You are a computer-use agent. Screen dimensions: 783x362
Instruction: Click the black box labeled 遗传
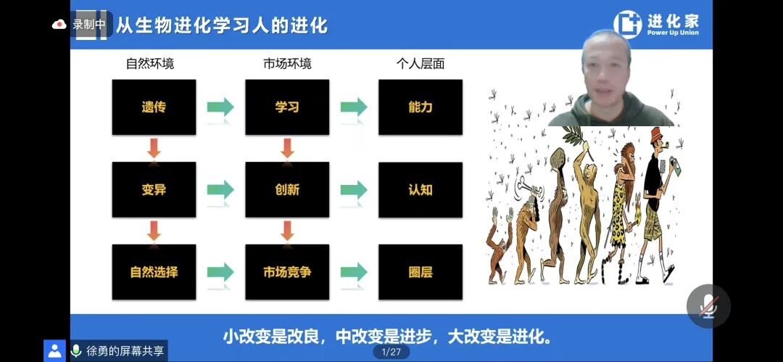click(x=154, y=107)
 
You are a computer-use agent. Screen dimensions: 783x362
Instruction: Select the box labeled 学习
click(x=287, y=107)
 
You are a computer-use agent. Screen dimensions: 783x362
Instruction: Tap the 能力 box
click(x=420, y=107)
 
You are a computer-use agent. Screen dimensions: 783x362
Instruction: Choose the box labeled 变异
click(x=154, y=190)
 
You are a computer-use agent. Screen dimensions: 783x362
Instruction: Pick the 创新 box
click(x=287, y=190)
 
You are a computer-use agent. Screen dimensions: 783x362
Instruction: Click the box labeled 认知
click(x=420, y=190)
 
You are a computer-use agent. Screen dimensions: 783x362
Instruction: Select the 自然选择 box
click(x=154, y=273)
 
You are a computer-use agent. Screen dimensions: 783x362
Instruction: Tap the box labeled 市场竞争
click(x=287, y=273)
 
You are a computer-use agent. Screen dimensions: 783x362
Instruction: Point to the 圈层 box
click(x=420, y=273)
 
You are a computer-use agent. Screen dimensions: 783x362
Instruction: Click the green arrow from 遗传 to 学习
click(x=220, y=107)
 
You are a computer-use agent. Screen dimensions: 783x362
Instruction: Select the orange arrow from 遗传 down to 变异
click(x=154, y=148)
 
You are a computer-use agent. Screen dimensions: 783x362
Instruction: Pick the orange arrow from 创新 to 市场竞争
click(x=287, y=231)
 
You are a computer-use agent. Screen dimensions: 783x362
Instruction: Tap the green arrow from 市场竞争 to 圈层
click(x=354, y=273)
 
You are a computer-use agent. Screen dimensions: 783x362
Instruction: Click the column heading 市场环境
click(x=287, y=64)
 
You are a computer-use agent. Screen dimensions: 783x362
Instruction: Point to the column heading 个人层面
click(x=420, y=64)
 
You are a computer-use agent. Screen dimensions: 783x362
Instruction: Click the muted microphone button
click(x=708, y=305)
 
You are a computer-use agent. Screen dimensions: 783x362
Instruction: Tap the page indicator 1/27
click(x=391, y=352)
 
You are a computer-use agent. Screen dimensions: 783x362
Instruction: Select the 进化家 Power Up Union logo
click(x=657, y=24)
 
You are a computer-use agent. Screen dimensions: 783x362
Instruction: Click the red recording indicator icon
click(x=59, y=24)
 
